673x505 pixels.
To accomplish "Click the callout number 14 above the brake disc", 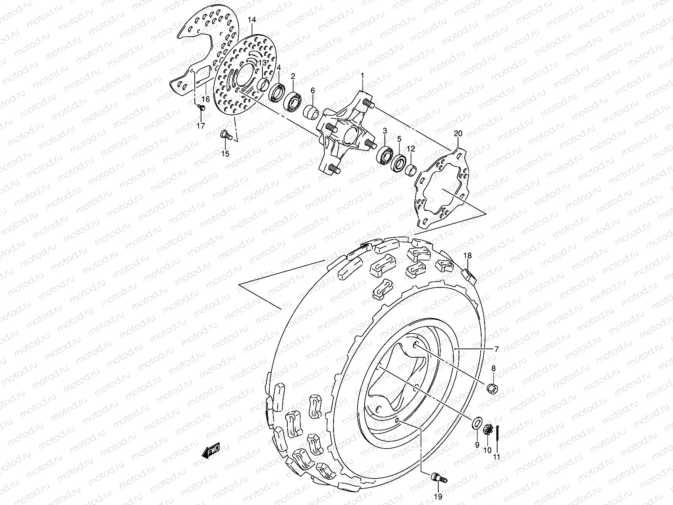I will [252, 20].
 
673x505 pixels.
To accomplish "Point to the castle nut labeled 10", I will [488, 431].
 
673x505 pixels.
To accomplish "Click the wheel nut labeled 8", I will [492, 387].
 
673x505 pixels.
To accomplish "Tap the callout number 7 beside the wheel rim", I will [496, 349].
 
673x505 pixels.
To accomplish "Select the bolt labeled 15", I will [226, 136].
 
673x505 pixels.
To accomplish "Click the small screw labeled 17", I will [202, 109].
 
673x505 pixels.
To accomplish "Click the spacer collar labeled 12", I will [411, 170].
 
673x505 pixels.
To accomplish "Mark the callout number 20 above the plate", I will [458, 134].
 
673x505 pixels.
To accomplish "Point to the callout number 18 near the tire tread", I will [468, 255].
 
